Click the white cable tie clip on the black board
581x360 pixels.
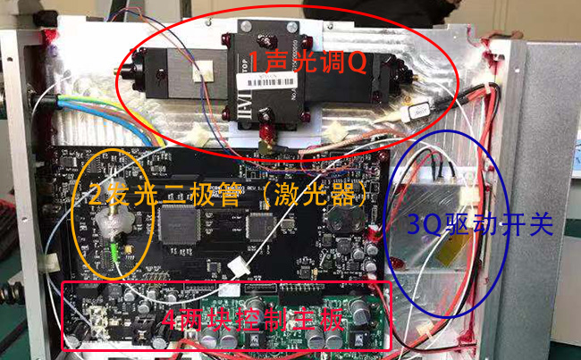(x=237, y=265)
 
